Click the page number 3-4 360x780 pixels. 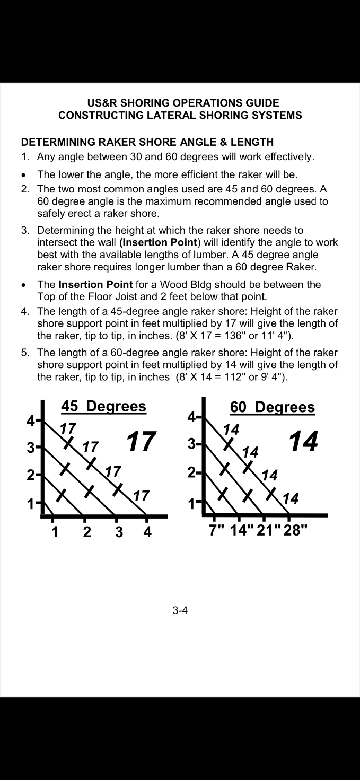coord(180,610)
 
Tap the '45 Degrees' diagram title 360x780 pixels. coord(103,407)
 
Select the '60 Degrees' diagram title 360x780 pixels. coord(272,407)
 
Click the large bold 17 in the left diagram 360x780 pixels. coord(141,442)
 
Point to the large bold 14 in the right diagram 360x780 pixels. coord(303,441)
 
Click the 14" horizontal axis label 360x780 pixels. coord(242,530)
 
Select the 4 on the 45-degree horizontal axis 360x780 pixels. coord(147,532)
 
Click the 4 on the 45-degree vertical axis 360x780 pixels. coord(31,421)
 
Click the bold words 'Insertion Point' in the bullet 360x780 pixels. coord(95,284)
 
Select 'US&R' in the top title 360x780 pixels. coord(100,103)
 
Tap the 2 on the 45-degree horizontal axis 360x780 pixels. coord(87,532)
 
